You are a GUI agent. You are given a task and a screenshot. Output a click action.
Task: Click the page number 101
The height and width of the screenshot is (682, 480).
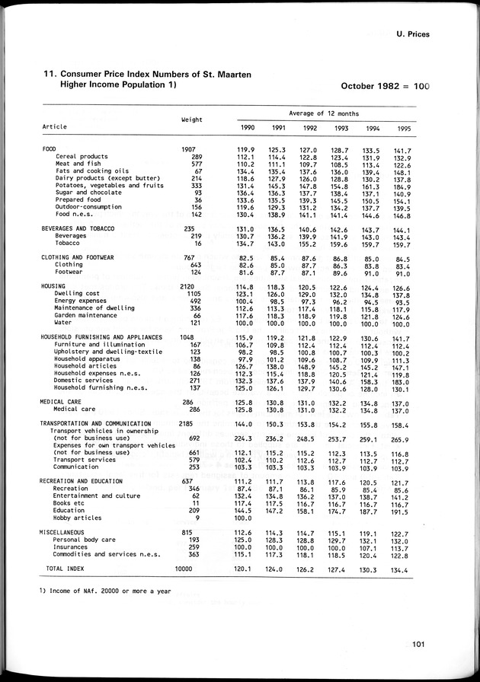[414, 648]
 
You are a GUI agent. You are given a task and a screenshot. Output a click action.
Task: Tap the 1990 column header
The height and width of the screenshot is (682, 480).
[247, 127]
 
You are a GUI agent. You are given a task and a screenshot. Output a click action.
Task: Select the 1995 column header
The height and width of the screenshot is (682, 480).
[405, 127]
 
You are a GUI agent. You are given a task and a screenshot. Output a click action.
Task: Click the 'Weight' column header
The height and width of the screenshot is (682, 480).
[191, 119]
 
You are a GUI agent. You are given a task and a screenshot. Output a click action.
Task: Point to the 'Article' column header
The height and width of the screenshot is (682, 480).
[55, 126]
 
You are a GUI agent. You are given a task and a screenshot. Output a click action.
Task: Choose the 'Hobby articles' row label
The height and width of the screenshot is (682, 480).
[78, 518]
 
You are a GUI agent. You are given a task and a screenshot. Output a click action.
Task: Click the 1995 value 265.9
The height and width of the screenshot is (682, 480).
[404, 439]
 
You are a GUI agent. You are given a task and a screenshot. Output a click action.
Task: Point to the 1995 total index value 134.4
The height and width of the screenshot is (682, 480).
[404, 569]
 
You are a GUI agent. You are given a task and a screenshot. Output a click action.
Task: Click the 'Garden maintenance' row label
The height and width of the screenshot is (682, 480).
[86, 315]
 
